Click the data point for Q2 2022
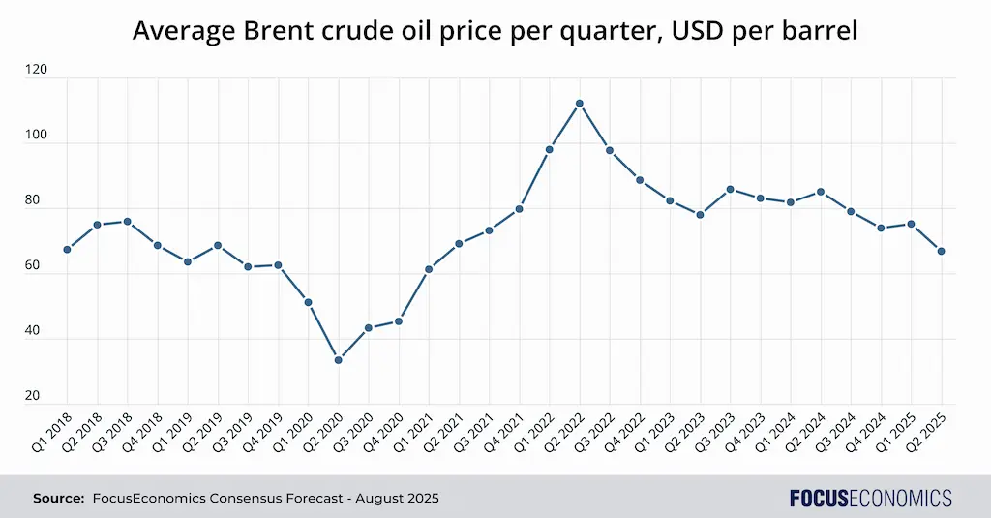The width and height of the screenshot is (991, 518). coord(579,104)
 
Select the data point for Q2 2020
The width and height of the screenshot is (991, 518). coord(338,360)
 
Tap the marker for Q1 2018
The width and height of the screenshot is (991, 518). coord(67,250)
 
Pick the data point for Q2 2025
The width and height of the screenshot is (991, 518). coord(941,252)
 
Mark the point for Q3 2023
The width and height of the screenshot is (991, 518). coord(730,190)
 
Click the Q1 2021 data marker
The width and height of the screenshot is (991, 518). coord(429,269)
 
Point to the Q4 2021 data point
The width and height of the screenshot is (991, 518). coord(519,209)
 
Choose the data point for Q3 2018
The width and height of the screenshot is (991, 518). coord(127,222)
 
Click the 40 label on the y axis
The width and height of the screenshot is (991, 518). coord(36,330)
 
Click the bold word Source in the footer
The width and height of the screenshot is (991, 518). coord(58,499)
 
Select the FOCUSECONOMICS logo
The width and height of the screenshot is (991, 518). coord(870,499)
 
